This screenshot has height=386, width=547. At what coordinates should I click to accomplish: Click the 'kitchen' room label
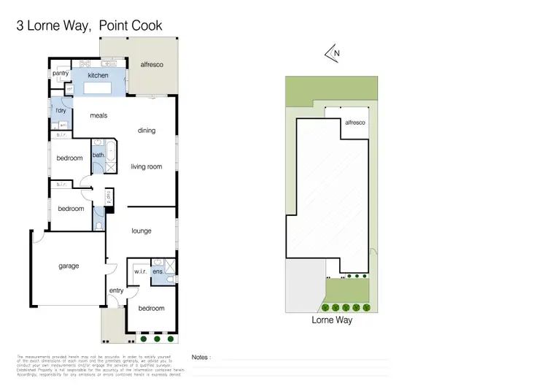(x=98, y=75)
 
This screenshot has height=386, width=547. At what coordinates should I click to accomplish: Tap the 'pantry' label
(x=61, y=74)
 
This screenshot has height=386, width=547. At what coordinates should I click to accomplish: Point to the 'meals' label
(x=99, y=115)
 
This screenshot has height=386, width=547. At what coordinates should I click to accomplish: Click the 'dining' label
(x=147, y=131)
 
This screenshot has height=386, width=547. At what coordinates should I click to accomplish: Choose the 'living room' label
(x=146, y=167)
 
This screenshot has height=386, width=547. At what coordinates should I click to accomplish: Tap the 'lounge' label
(x=141, y=231)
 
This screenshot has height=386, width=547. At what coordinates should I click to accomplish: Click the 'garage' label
(x=69, y=266)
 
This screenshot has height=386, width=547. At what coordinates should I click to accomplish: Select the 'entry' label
(x=116, y=290)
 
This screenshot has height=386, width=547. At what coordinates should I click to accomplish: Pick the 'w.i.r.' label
(x=139, y=272)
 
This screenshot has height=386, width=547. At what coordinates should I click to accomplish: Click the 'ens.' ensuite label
(x=157, y=272)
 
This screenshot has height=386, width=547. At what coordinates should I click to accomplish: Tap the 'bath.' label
(x=98, y=155)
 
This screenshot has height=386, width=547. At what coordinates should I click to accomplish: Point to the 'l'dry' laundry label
(x=61, y=110)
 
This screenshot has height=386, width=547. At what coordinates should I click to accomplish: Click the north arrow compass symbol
(x=333, y=53)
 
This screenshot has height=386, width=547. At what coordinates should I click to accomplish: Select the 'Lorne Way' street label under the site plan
(x=332, y=320)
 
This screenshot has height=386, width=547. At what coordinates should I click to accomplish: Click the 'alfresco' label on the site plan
(x=354, y=123)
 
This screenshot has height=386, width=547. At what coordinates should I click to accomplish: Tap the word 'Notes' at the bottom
(x=202, y=358)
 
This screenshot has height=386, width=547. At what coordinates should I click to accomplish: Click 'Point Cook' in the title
(x=131, y=26)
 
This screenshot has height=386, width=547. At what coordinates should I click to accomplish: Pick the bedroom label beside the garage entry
(x=152, y=309)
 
